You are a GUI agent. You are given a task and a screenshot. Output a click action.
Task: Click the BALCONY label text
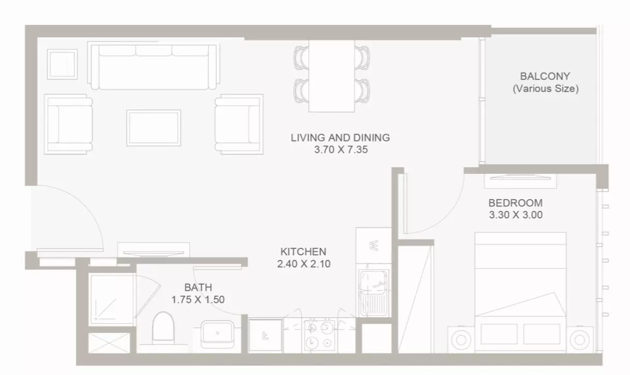coord(545,76)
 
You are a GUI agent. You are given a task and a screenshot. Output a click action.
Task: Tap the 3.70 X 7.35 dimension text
coord(341,149)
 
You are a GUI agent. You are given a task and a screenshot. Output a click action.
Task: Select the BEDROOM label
coord(516,203)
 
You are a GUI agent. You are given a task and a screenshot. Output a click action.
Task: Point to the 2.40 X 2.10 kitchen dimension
coord(304,264)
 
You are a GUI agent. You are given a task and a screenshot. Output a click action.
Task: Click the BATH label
coord(198,287)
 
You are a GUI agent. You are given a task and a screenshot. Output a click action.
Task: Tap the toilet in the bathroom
coord(163,328)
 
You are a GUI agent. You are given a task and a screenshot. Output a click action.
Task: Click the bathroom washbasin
coord(217,334)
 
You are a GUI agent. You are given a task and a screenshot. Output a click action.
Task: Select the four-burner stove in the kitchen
coord(320,335)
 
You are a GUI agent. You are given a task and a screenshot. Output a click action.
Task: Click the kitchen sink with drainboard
coord(374,293)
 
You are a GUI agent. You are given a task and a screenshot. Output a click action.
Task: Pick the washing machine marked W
coord(373,245)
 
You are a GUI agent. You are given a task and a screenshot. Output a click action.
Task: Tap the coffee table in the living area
coord(154,128)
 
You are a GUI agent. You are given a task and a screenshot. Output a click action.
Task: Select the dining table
coord(332,76)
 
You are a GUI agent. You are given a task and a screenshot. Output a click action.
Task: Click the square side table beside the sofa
coord(62,65)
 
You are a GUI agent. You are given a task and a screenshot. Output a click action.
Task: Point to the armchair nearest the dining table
coord(239,124)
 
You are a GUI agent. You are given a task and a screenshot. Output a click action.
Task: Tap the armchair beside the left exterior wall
coord(68,124)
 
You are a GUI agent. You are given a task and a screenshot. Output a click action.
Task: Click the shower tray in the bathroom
coord(112,299)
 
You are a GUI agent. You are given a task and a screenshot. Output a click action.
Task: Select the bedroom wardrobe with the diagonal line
coord(416,299)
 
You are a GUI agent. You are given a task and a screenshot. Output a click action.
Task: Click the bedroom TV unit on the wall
coord(520,181)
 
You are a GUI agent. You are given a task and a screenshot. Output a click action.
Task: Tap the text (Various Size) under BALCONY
coord(546,89)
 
